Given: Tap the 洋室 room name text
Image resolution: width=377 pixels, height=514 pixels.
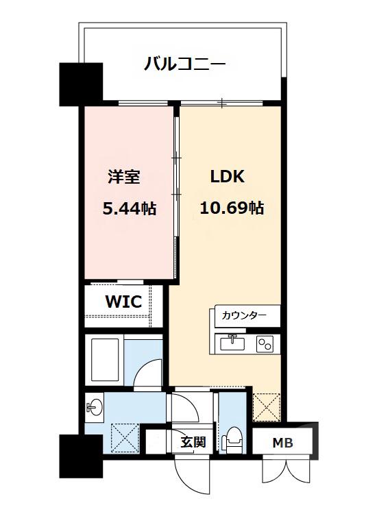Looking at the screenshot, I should click(x=124, y=176).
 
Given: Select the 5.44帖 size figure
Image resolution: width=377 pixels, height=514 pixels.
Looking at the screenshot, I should click(x=129, y=208).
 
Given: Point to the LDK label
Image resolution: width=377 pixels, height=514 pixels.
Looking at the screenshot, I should click(x=227, y=176).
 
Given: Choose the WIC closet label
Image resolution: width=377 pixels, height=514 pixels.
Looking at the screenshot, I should click(x=123, y=302).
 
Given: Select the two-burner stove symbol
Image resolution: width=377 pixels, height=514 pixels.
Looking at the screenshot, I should click(x=264, y=344).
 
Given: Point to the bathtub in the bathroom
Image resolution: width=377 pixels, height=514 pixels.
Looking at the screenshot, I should click(x=106, y=360).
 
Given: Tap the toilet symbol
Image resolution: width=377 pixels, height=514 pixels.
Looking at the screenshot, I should click(x=233, y=439).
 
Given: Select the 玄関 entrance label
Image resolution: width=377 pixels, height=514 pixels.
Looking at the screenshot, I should click(x=193, y=443).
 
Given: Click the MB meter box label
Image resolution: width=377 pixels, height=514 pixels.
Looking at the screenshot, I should click(x=282, y=443).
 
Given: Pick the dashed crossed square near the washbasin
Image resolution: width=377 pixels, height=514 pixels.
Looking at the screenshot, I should click(x=124, y=436).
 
